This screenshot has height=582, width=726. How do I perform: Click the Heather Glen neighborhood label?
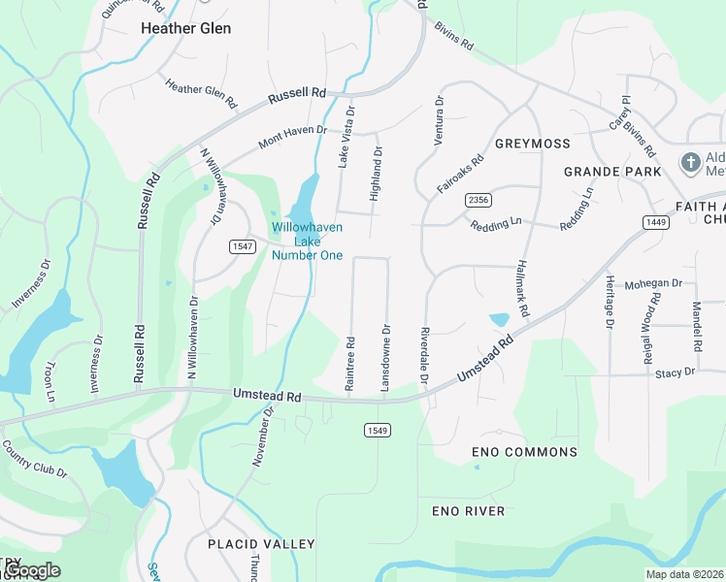tap(185, 28)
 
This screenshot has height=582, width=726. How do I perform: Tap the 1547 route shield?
tap(242, 247)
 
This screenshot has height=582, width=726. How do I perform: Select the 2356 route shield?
tap(478, 200)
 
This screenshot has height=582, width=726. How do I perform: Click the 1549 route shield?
tap(378, 430)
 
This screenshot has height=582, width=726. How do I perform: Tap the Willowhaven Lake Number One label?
tap(307, 241)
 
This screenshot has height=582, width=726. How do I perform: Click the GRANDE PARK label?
tap(612, 172)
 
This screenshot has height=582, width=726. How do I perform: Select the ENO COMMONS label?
tap(524, 452)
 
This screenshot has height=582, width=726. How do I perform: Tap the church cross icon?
tap(690, 162)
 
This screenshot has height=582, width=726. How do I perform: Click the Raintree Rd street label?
tap(350, 365)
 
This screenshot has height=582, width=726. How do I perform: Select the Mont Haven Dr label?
tap(292, 137)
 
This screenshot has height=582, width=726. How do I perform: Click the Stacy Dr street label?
tap(675, 372)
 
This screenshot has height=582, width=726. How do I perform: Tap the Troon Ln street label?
tap(49, 381)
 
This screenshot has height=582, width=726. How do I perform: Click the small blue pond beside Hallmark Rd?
tap(500, 319)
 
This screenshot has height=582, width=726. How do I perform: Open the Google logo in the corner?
tap(33, 570)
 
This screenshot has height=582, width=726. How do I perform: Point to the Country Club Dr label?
tap(34, 460)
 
